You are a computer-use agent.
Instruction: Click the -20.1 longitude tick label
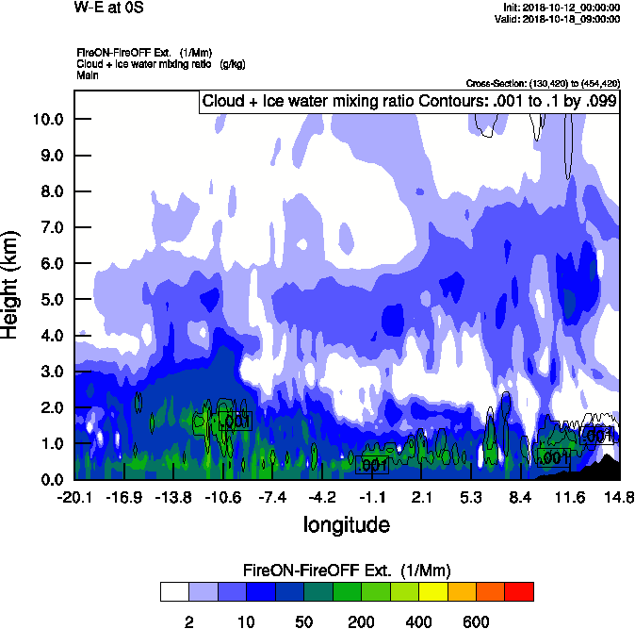pos(73,497)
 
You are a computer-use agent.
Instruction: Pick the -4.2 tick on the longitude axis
pos(322,497)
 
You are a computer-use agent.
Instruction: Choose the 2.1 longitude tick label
pos(421,497)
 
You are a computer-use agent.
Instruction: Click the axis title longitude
pos(346,523)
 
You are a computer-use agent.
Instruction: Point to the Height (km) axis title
pos(11,283)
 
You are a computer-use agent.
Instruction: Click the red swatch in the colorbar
pos(519,592)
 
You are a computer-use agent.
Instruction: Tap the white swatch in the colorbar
pos(174,592)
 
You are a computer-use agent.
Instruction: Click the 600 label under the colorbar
pos(476,621)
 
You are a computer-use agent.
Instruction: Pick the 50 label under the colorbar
pos(303,621)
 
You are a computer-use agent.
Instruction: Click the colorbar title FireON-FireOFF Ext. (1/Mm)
pos(347,571)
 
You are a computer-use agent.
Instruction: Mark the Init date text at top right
pos(562,7)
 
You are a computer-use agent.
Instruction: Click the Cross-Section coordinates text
pos(543,83)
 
